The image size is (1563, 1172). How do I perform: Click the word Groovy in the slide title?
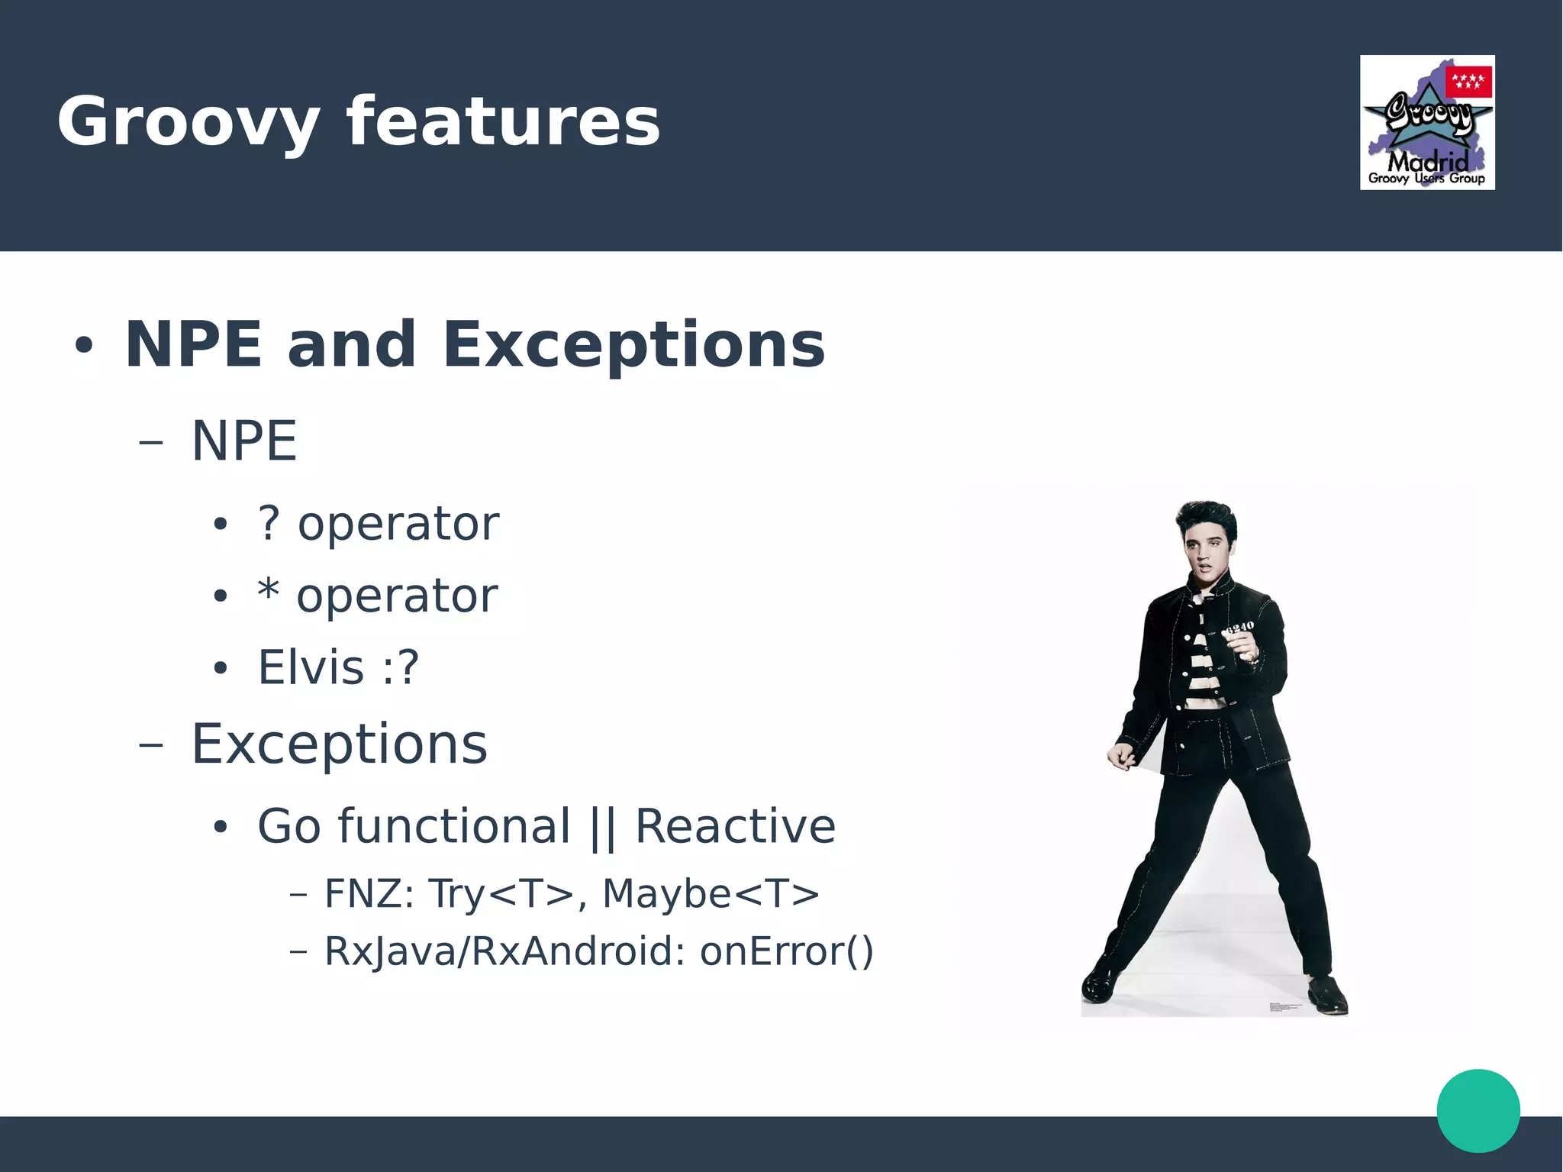tap(189, 122)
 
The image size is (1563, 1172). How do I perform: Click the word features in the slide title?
tap(503, 122)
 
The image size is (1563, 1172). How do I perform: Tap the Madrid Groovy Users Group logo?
tap(1427, 123)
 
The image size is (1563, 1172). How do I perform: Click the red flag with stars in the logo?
tap(1469, 82)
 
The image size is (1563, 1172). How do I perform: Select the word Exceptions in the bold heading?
tap(633, 345)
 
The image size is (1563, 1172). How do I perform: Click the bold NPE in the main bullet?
tap(194, 345)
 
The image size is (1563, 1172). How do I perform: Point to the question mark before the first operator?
tap(269, 524)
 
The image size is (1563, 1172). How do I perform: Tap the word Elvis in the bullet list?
tap(311, 667)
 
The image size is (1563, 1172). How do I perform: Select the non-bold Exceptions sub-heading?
tap(339, 744)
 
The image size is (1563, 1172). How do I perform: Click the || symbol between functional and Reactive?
tap(602, 828)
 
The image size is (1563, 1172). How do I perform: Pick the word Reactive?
tap(735, 827)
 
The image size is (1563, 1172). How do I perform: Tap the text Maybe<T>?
tap(711, 894)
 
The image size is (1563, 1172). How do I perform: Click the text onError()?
tap(786, 952)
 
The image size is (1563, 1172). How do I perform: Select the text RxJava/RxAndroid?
tap(504, 952)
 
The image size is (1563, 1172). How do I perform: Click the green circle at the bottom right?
tap(1478, 1110)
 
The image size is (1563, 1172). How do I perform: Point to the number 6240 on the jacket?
tap(1239, 628)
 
